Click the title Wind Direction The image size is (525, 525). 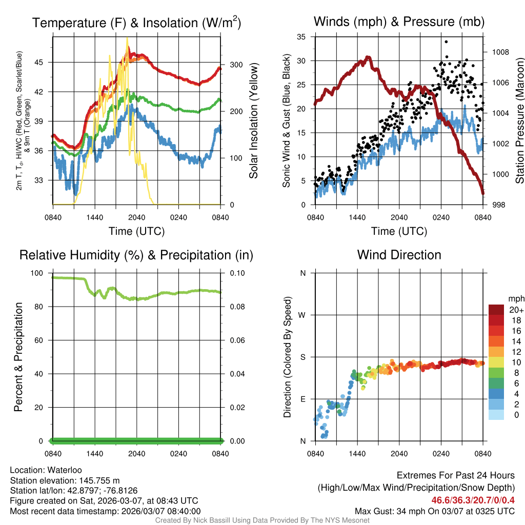tap(399, 255)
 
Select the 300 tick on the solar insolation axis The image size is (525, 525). tap(230, 65)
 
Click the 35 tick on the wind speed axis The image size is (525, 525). tap(301, 36)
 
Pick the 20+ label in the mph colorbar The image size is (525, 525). tap(516, 310)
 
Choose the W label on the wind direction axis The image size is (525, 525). tap(302, 315)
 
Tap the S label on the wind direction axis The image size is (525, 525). tap(303, 357)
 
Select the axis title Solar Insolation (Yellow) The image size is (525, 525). tap(253, 120)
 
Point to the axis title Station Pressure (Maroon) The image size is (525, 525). tap(519, 120)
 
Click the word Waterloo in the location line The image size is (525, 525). tap(62, 470)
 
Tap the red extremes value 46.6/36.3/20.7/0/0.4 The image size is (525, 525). tap(473, 500)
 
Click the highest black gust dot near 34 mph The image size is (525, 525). tap(446, 42)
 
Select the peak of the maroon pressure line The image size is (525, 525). tap(368, 57)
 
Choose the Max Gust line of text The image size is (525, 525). tap(435, 511)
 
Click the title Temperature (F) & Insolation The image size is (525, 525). tap(136, 23)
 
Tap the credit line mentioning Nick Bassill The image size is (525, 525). tap(262, 520)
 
